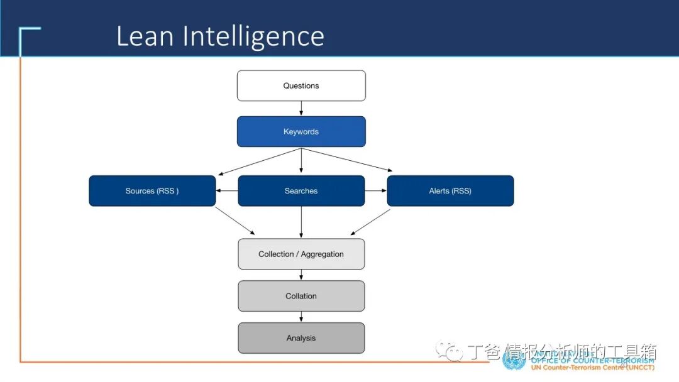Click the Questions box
point(301,85)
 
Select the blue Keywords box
point(301,131)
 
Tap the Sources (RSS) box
point(152,191)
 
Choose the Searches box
point(301,191)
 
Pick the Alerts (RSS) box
point(450,191)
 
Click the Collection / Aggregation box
point(301,254)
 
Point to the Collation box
point(301,296)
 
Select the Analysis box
point(301,338)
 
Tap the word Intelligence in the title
point(253,37)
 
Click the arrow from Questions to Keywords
point(301,109)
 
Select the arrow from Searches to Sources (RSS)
point(227,191)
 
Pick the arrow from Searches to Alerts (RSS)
point(375,191)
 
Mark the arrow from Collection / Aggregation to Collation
point(301,275)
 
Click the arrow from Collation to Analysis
point(301,317)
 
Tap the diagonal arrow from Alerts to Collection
point(371,222)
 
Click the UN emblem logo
point(514,359)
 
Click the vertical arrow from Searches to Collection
point(301,222)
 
